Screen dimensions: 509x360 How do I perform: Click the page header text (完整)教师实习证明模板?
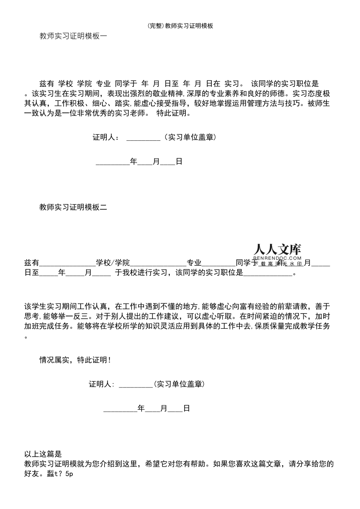coord(180,26)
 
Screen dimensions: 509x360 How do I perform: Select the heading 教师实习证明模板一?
coord(73,36)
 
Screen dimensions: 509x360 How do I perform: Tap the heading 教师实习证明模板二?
coord(73,208)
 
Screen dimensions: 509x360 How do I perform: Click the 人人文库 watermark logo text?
coord(277,249)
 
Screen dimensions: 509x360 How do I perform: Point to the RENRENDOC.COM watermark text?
coord(277,258)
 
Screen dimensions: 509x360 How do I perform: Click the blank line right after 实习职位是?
coord(268,273)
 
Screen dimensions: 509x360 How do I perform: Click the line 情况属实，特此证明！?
coord(75,360)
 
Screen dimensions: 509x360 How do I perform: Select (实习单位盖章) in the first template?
coord(189,137)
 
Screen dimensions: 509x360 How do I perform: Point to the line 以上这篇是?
coord(43,454)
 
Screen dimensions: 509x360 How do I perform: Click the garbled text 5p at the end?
coord(70,474)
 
